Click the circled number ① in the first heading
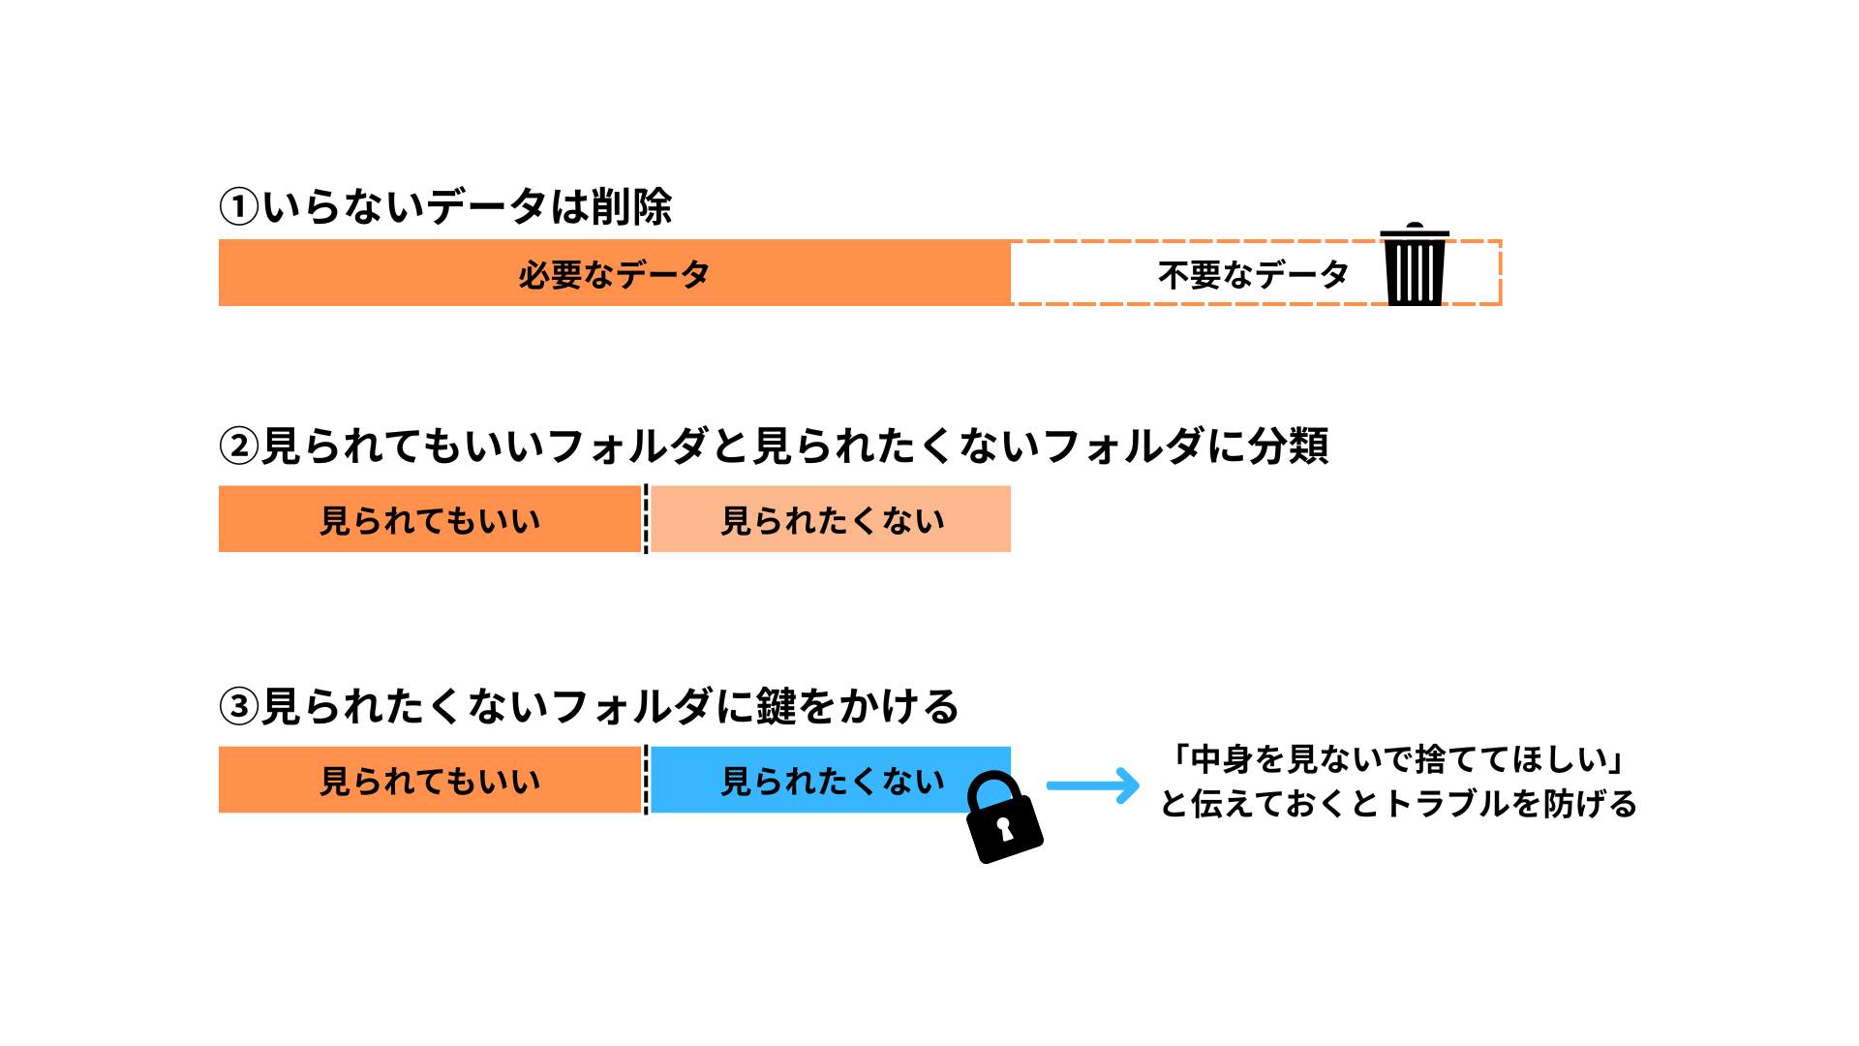click(x=239, y=206)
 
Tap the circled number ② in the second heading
click(x=239, y=446)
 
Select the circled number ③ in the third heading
click(x=239, y=706)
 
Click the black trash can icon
click(x=1415, y=264)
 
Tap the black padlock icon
click(x=1004, y=816)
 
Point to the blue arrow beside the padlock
click(x=1093, y=785)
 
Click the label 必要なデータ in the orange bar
click(x=614, y=275)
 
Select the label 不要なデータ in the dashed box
click(x=1253, y=275)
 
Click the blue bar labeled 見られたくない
click(x=831, y=780)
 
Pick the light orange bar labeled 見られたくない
click(x=831, y=519)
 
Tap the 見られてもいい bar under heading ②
click(x=430, y=519)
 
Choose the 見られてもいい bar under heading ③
click(x=430, y=780)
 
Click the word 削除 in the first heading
click(x=631, y=206)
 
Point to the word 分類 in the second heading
click(x=1288, y=446)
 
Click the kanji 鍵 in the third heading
click(x=776, y=706)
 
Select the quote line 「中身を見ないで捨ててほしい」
click(x=1398, y=759)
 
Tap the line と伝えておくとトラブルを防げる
click(x=1398, y=804)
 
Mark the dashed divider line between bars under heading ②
click(x=646, y=519)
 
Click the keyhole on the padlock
click(x=1004, y=829)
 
